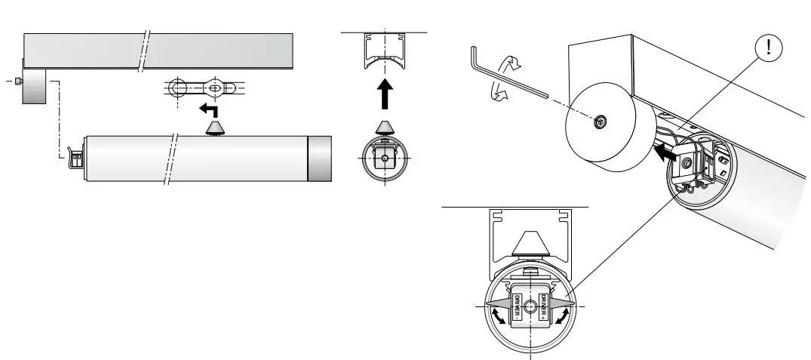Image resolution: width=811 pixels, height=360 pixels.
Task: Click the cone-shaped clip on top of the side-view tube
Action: point(215,128)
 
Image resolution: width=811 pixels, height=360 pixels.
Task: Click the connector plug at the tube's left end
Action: point(77,158)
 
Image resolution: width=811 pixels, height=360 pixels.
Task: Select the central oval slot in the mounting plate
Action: point(216,88)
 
